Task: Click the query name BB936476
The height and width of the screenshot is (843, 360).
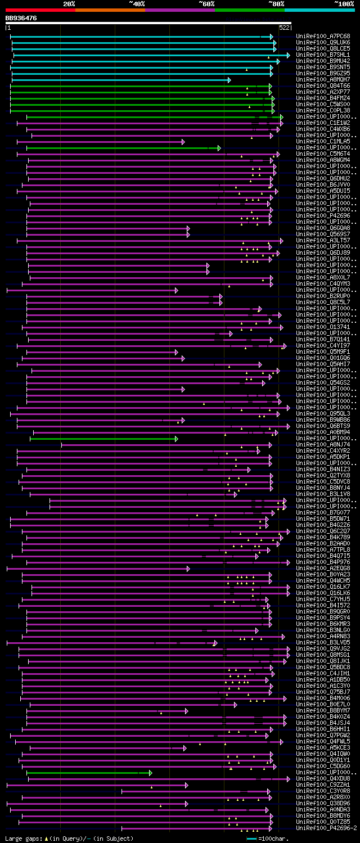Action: [x=21, y=18]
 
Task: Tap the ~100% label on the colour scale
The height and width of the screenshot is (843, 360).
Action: [x=344, y=3]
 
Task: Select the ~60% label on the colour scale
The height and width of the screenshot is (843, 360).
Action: [x=206, y=3]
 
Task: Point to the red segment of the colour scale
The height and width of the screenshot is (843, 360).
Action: [x=39, y=10]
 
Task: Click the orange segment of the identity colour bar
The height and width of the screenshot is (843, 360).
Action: [x=110, y=10]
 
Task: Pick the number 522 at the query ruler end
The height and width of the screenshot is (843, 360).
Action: [x=284, y=27]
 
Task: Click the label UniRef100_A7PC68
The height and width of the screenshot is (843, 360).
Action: [x=323, y=36]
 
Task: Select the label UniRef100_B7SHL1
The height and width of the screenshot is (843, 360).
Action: [x=323, y=55]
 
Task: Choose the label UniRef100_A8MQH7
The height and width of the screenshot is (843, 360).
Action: [x=323, y=79]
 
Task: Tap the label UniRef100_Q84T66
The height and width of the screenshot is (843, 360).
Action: [x=323, y=85]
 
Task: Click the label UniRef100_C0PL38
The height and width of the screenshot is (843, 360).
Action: [x=323, y=110]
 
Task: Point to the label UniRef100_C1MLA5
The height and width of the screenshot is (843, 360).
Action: [x=323, y=141]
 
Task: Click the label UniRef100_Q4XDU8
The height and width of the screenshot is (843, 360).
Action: [x=323, y=779]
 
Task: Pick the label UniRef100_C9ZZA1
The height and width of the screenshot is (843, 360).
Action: [x=323, y=785]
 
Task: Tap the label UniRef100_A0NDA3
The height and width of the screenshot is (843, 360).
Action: [x=323, y=810]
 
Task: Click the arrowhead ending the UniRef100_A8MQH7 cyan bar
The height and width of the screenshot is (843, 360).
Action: [x=229, y=80]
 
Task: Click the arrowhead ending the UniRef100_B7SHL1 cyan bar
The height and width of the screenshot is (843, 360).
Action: [x=288, y=55]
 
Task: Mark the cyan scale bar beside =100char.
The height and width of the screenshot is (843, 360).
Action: [x=251, y=839]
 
